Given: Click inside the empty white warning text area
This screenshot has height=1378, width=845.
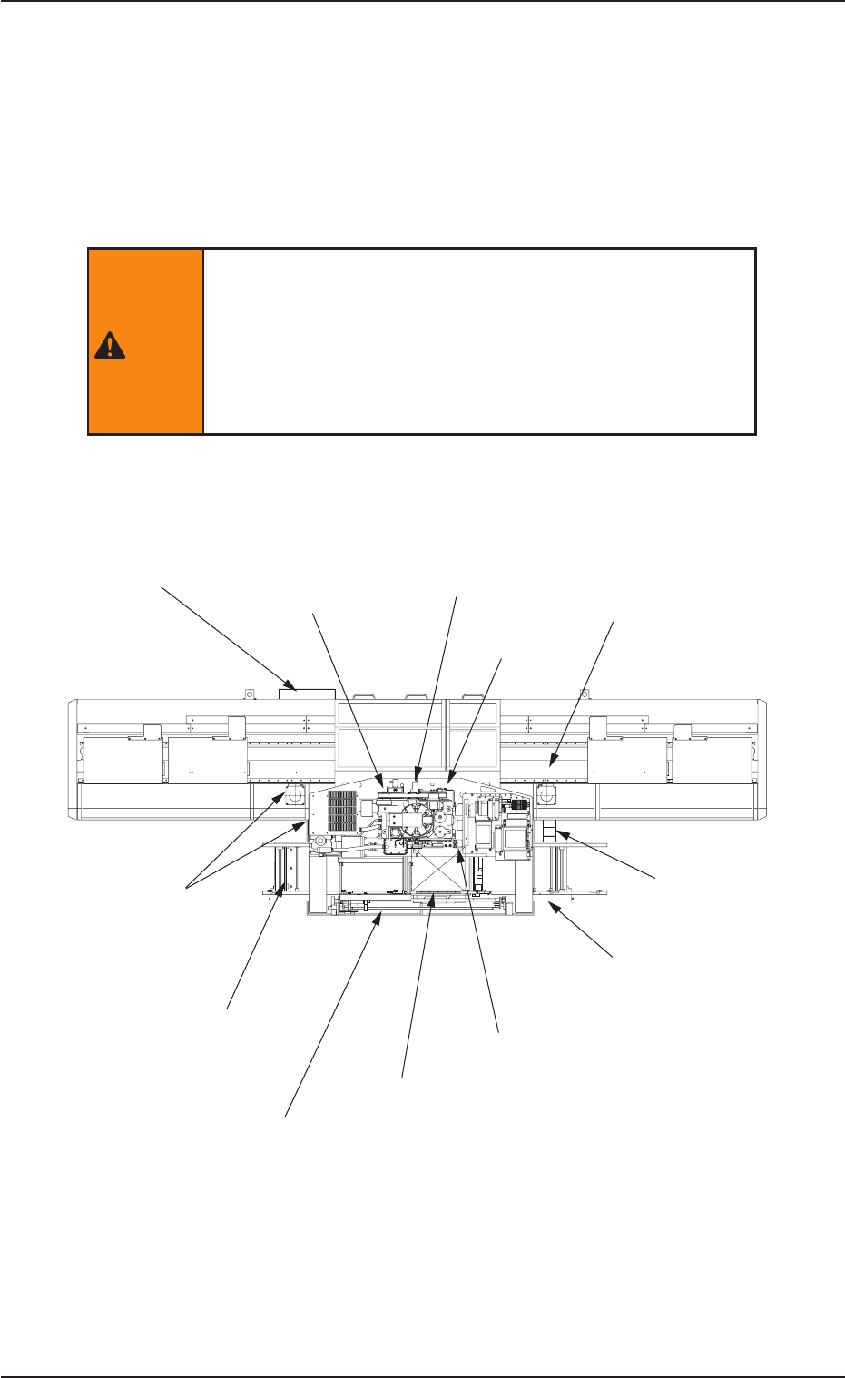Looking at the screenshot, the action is [479, 340].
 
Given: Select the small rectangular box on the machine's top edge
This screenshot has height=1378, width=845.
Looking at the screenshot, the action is [306, 694].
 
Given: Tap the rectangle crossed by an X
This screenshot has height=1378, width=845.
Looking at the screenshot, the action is [439, 868].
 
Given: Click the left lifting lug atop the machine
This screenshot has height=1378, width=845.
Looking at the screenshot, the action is [245, 694].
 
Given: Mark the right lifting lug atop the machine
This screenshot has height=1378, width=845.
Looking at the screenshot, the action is [585, 694].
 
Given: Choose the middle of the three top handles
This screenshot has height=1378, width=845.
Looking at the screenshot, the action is [417, 696].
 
